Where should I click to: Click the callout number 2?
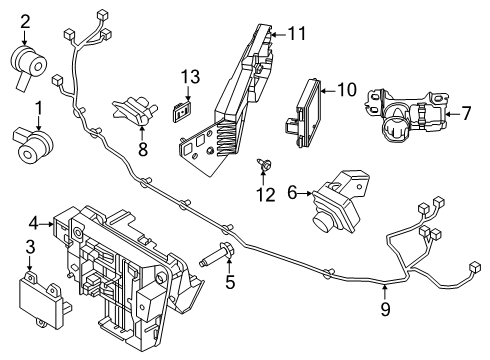(26, 19)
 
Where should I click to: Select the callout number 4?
(33, 222)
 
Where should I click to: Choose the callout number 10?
(346, 90)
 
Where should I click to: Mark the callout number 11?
(296, 33)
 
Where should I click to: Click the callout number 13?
(190, 76)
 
